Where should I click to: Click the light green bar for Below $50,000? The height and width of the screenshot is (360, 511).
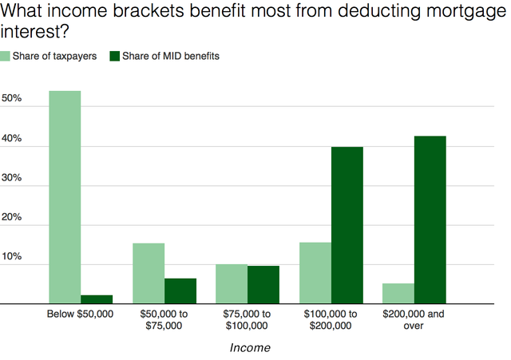coord(65,197)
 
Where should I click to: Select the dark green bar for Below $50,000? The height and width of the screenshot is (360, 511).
coord(97,299)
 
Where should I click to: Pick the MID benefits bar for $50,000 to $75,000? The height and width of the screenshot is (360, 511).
coord(180,291)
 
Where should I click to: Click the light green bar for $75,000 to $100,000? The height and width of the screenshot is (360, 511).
coord(232,283)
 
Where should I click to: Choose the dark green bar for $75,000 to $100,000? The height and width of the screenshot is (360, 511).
coord(263,284)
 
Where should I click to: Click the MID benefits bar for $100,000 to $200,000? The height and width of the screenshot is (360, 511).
coord(347,225)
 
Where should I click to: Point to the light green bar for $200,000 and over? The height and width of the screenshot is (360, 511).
coord(398,293)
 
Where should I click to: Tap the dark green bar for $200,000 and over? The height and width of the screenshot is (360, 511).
coord(430,220)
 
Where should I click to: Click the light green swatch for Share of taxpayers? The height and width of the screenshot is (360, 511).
coord(6,55)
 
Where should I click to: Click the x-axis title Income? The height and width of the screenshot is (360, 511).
coord(250,347)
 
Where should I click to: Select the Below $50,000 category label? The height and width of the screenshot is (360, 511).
coord(80,315)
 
